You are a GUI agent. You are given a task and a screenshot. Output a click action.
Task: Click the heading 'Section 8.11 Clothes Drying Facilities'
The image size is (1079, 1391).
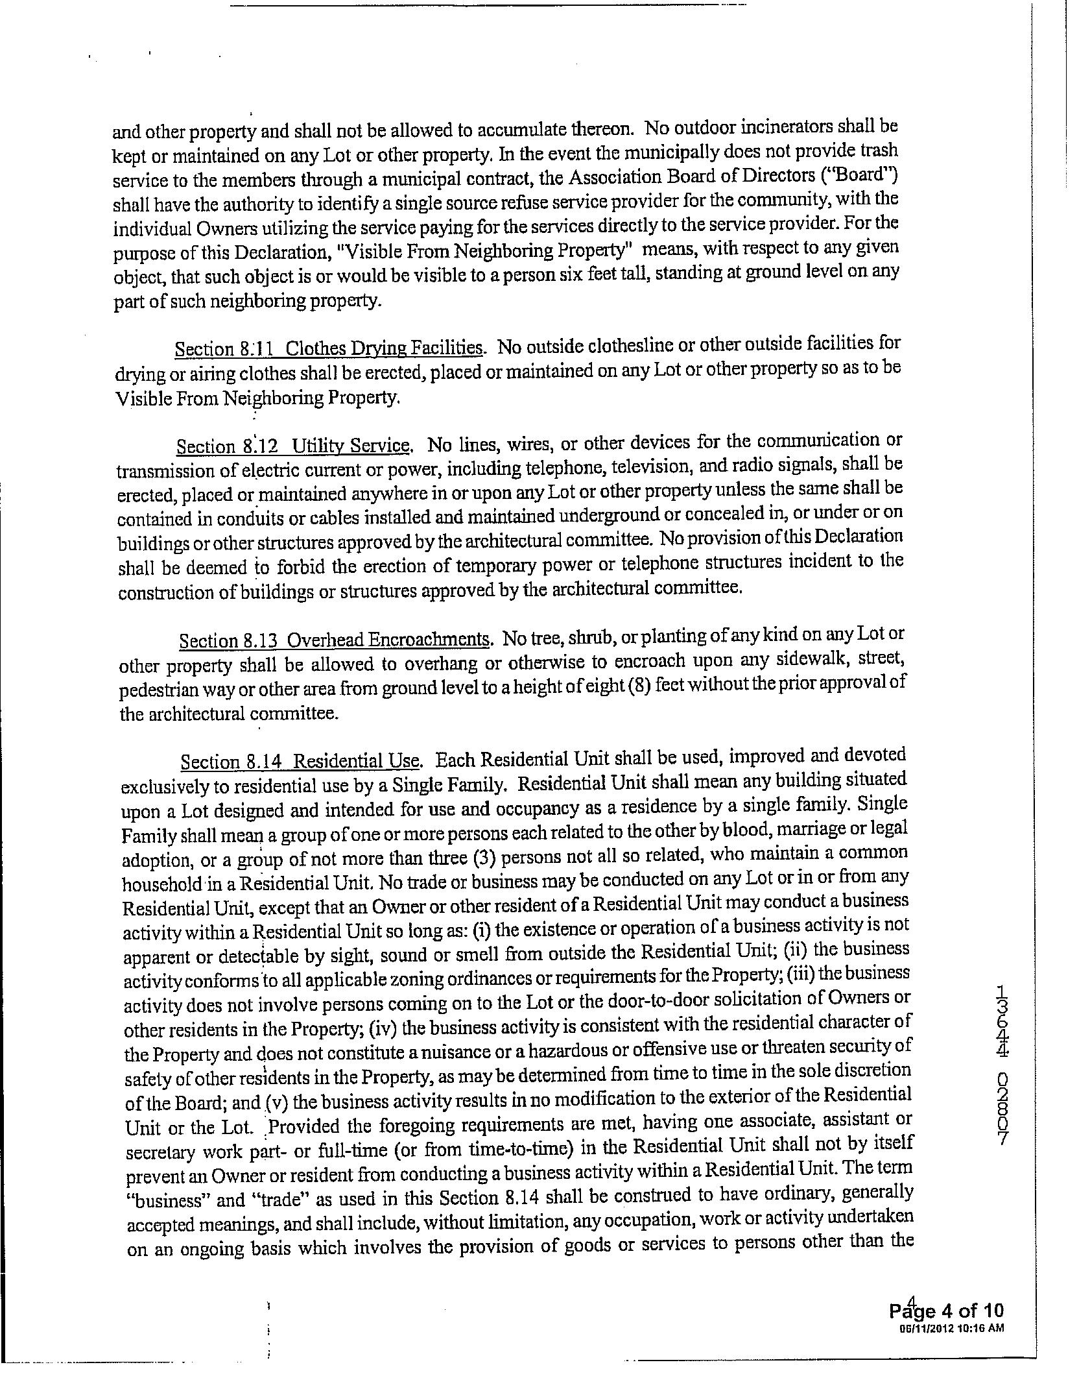[x=329, y=348]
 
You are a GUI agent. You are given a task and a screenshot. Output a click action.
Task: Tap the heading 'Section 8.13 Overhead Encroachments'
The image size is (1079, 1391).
[x=335, y=640]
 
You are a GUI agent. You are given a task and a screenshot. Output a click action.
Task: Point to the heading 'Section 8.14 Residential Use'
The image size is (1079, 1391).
[x=302, y=761]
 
